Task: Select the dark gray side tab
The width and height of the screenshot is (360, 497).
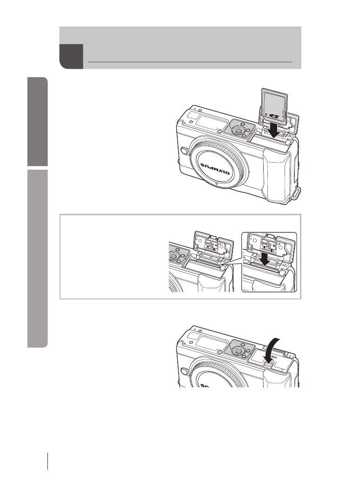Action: pos(37,121)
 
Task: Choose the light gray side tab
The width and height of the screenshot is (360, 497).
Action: pos(37,258)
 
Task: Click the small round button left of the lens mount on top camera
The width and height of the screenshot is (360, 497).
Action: pos(184,151)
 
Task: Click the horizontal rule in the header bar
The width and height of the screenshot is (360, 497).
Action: pos(190,61)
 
